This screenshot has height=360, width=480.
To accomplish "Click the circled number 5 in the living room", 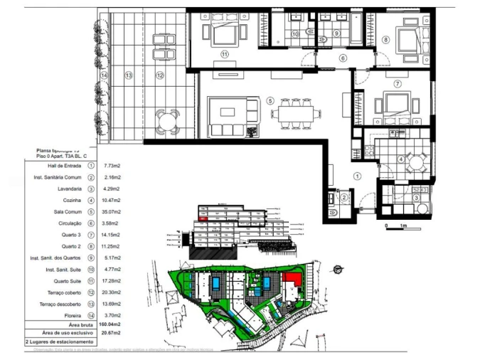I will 270,101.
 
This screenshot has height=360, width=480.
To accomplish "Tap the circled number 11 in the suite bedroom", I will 225,53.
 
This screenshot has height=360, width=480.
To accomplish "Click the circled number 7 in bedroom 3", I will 398,84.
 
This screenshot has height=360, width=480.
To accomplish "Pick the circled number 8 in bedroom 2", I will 385,40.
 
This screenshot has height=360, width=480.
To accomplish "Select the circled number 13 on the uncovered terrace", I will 129,75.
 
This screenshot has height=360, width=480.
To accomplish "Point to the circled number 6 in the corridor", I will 342,58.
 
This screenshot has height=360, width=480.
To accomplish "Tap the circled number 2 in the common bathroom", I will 343,198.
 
